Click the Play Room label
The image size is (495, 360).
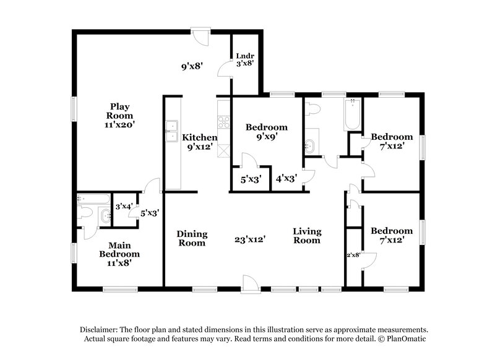coord(119,115)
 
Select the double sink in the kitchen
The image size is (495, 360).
coord(171,131)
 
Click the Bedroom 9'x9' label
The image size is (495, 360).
coord(267,133)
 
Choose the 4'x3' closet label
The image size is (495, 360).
coord(286,179)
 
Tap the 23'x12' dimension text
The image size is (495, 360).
coord(250,239)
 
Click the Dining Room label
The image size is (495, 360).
coord(192,238)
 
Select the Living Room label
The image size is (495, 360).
coord(307,236)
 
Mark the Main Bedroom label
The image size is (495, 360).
coord(119,254)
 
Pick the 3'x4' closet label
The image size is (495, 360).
coord(124,206)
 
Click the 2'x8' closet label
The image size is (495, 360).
coord(353,254)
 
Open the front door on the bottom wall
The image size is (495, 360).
coord(249,283)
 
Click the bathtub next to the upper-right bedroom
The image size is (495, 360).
coord(352,114)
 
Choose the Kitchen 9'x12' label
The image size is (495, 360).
coord(199,142)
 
